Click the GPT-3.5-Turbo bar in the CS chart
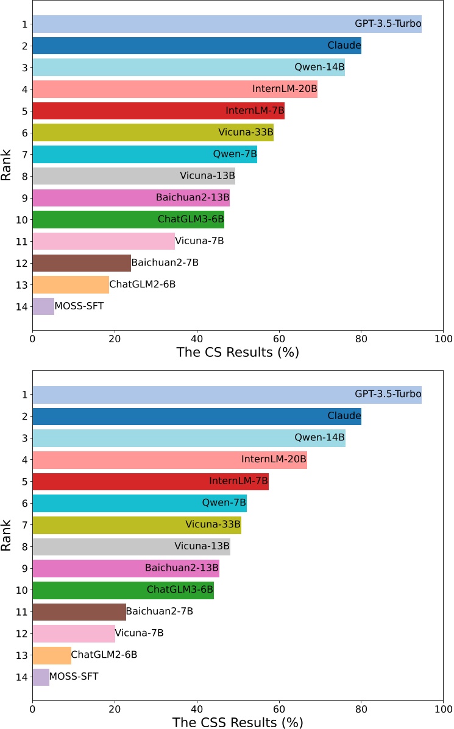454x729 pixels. point(227,24)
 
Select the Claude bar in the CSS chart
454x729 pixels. point(196,417)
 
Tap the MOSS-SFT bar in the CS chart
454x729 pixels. point(43,306)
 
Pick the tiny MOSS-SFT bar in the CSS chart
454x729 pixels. point(41,677)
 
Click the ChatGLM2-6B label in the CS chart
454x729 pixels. point(142,284)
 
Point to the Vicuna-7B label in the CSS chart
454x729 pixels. point(139,633)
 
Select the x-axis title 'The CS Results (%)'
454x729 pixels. point(238,353)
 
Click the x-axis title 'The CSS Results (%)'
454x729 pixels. point(238,722)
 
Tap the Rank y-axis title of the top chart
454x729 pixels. point(7,165)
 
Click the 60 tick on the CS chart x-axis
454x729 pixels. point(279,336)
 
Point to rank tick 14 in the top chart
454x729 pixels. point(22,306)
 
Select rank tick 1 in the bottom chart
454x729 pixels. point(24,395)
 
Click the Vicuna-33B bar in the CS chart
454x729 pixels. point(152,133)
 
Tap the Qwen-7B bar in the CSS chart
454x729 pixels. point(139,503)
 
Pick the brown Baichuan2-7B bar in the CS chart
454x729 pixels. point(82,263)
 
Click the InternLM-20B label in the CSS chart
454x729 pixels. point(274,459)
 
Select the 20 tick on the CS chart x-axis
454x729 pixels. point(115,336)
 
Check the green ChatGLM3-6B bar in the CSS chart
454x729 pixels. point(122,590)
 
